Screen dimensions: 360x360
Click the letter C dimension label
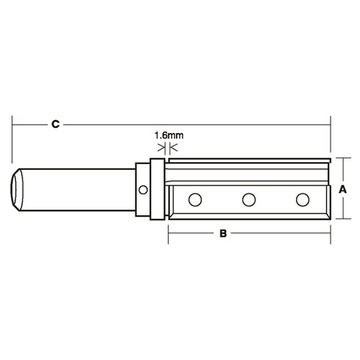(x=55, y=124)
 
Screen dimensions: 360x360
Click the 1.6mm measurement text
(x=168, y=134)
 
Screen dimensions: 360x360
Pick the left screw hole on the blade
(x=194, y=198)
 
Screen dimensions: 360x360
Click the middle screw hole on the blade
(x=248, y=198)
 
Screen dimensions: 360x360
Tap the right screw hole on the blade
(x=302, y=198)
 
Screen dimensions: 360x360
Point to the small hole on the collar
(x=144, y=191)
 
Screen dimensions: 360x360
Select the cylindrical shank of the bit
(x=79, y=189)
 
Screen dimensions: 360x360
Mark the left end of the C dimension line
(x=14, y=125)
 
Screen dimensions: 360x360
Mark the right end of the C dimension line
(x=330, y=125)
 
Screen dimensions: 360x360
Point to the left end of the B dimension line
(x=168, y=234)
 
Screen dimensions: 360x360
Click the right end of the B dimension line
(x=330, y=234)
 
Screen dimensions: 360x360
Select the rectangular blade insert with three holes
(x=248, y=199)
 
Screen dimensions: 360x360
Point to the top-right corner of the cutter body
(x=328, y=158)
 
